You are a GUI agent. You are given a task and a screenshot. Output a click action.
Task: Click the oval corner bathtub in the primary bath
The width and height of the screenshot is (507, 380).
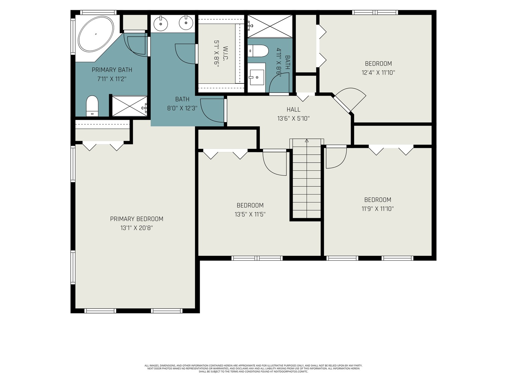coord(96,34)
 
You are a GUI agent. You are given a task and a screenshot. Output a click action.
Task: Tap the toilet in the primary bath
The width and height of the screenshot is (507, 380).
coord(92,106)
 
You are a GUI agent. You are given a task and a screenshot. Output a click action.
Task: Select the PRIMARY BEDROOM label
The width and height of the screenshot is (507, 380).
coord(137,219)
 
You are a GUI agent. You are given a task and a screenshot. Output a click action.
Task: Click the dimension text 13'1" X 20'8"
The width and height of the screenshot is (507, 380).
coord(137,228)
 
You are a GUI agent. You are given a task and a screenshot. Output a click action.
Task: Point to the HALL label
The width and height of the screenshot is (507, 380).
coord(293,109)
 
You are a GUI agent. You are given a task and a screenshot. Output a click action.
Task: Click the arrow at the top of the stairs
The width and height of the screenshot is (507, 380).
coord(307,141)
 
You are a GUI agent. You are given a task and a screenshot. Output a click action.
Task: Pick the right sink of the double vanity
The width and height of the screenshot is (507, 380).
coord(186,24)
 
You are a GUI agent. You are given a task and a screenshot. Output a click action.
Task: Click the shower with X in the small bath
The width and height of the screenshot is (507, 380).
coord(270,26)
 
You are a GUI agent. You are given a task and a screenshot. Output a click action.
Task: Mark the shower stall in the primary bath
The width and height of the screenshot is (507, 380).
coord(129,106)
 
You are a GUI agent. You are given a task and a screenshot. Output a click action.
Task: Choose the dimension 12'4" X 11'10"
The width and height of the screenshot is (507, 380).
coord(378,73)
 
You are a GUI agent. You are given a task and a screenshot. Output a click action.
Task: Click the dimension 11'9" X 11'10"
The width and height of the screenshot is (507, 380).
coord(377,209)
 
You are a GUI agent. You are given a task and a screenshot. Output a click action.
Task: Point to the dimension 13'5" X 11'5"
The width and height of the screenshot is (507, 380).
coord(250,214)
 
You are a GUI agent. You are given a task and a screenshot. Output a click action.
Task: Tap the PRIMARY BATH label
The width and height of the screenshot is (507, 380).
coord(112,70)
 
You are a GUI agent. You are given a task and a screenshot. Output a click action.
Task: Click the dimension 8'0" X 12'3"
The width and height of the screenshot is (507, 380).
coord(182,108)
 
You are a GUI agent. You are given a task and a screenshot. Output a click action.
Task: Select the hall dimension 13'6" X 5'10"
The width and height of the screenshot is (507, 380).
coord(293,119)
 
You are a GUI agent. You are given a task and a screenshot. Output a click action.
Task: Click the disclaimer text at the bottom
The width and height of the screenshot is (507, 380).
coord(253,368)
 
